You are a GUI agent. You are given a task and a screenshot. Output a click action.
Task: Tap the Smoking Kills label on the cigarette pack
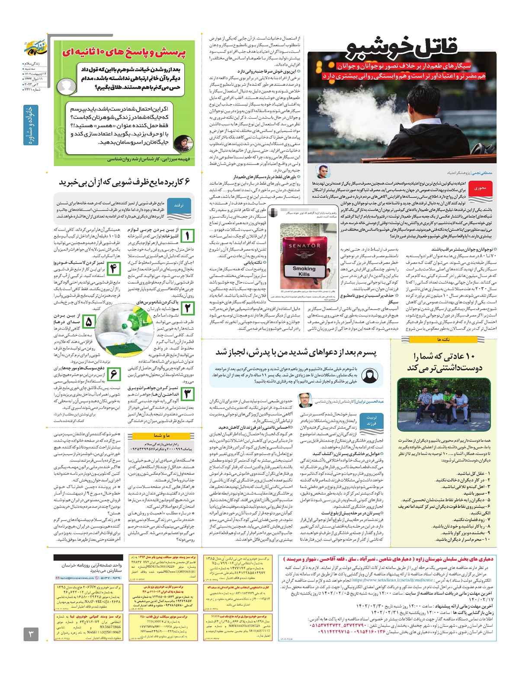click(304, 271)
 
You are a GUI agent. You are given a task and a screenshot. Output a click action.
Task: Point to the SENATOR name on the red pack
click(304, 246)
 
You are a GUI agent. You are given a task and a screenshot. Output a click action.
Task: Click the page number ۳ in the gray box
click(31, 635)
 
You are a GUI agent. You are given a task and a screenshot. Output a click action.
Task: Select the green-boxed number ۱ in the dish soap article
click(187, 236)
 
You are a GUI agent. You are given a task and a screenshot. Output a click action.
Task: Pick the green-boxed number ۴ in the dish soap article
click(113, 269)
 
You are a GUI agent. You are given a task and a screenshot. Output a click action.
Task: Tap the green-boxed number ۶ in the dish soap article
click(113, 373)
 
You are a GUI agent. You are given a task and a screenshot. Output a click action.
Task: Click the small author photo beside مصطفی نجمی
click(322, 171)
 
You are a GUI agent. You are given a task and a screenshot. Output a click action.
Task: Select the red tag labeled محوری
click(480, 188)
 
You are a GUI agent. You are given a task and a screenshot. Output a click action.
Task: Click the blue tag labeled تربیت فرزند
click(371, 421)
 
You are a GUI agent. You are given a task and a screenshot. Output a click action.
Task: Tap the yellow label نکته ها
click(443, 340)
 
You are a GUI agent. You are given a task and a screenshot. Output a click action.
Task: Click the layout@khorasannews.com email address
click(77, 578)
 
